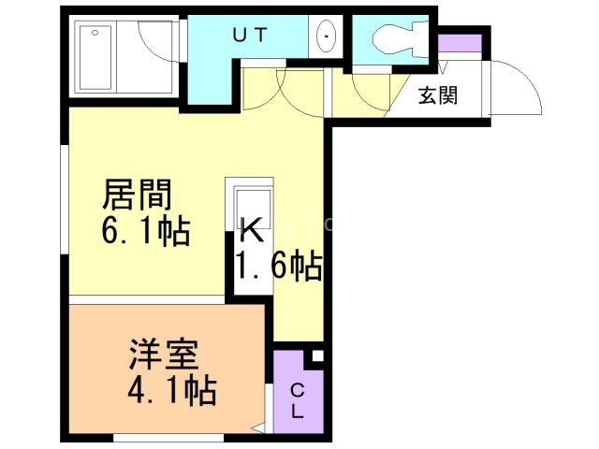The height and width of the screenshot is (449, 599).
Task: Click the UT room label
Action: (250, 36)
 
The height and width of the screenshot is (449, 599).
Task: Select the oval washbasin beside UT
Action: (326, 36)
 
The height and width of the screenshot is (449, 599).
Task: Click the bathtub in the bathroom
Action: (95, 57)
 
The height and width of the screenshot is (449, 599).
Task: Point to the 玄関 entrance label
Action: (438, 95)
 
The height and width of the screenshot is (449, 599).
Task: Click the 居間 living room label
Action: (137, 195)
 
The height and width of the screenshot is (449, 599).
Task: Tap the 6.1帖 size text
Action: (146, 231)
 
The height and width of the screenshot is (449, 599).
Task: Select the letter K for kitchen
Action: (252, 229)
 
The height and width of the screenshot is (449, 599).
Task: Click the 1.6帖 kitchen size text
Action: (279, 267)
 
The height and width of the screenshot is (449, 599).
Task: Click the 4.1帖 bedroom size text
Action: (172, 391)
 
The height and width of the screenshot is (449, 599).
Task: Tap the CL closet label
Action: (298, 401)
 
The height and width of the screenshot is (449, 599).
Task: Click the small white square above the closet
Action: (317, 355)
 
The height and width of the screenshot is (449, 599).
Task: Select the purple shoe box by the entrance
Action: (460, 43)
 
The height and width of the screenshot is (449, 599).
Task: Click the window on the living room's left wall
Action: (65, 199)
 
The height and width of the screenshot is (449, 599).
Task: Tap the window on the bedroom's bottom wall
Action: (168, 438)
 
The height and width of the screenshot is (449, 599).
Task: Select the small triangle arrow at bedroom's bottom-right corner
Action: (259, 428)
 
